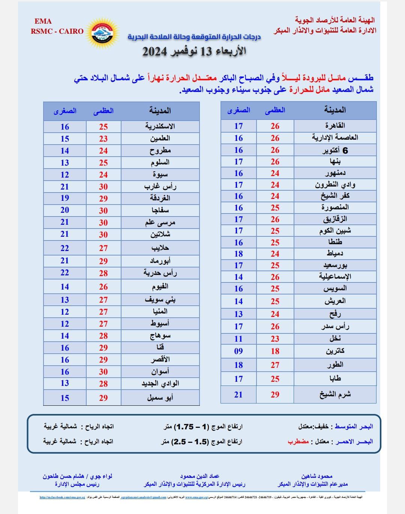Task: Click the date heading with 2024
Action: pyautogui.click(x=194, y=51)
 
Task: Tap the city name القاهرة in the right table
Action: pyautogui.click(x=335, y=126)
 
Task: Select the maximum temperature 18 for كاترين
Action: pyautogui.click(x=275, y=351)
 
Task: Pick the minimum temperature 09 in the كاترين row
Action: pyautogui.click(x=238, y=351)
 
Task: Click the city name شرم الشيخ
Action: pyautogui.click(x=335, y=394)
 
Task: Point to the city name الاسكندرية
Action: pyautogui.click(x=160, y=126)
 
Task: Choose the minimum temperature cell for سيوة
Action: pyautogui.click(x=65, y=175)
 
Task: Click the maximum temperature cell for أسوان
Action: pyautogui.click(x=103, y=372)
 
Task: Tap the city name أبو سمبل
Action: pyautogui.click(x=160, y=397)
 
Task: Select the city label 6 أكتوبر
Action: pyautogui.click(x=335, y=150)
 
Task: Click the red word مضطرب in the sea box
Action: pyautogui.click(x=298, y=441)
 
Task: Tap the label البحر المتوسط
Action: pyautogui.click(x=354, y=426)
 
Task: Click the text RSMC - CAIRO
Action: pyautogui.click(x=57, y=31)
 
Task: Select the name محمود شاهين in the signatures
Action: pyautogui.click(x=317, y=476)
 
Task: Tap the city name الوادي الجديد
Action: pyautogui.click(x=160, y=384)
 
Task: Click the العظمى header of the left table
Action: pyautogui.click(x=103, y=111)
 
